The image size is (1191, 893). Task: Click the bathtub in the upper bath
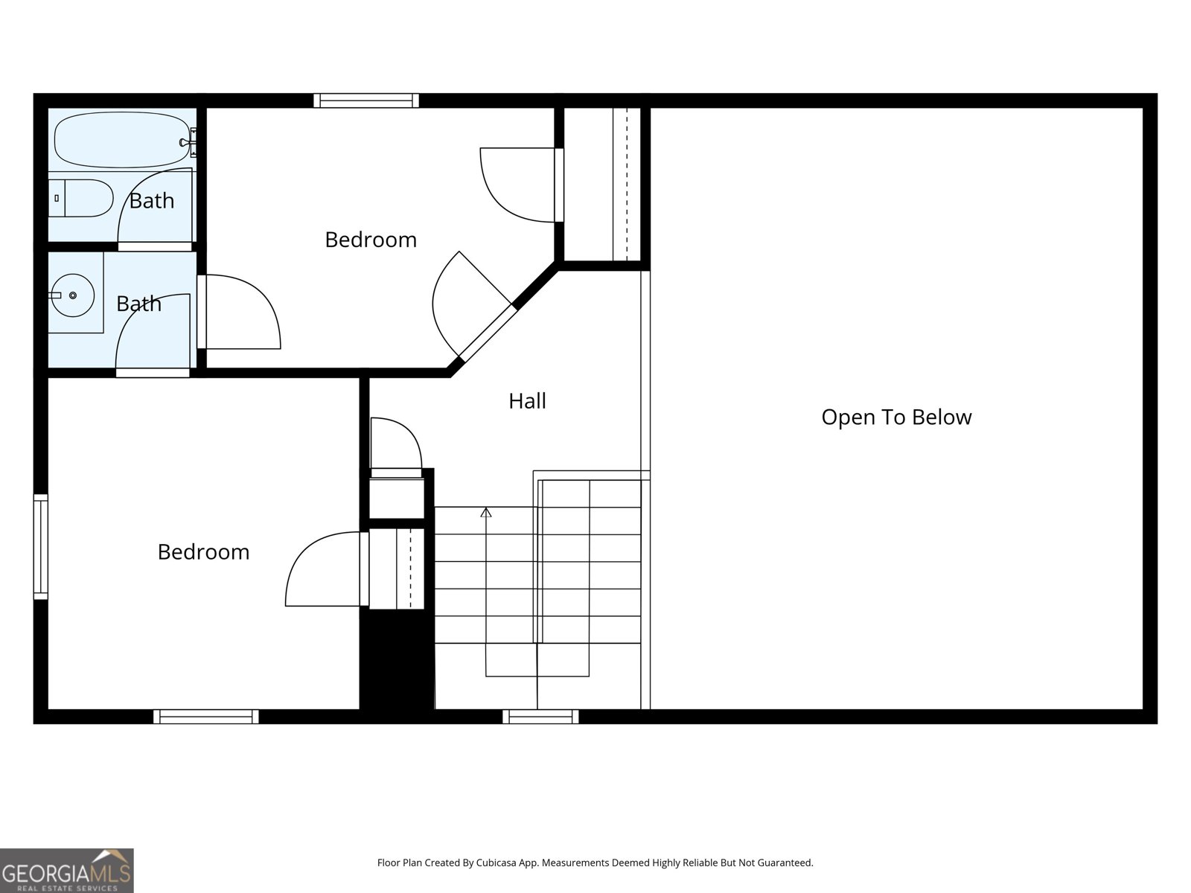[122, 140]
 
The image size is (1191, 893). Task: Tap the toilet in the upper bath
[81, 198]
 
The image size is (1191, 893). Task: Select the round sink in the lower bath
[73, 295]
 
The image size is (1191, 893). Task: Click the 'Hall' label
[528, 401]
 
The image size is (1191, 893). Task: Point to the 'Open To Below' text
[896, 417]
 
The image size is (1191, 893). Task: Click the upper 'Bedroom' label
[371, 240]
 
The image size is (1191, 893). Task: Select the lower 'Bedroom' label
[203, 552]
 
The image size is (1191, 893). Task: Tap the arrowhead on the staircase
[485, 512]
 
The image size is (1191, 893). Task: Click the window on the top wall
[366, 101]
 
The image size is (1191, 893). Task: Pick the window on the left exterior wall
[41, 546]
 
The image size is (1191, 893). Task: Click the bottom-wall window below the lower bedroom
[206, 716]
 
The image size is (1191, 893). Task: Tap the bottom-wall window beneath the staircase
[540, 716]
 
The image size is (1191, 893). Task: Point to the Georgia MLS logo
[67, 870]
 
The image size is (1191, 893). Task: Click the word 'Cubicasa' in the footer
[496, 862]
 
